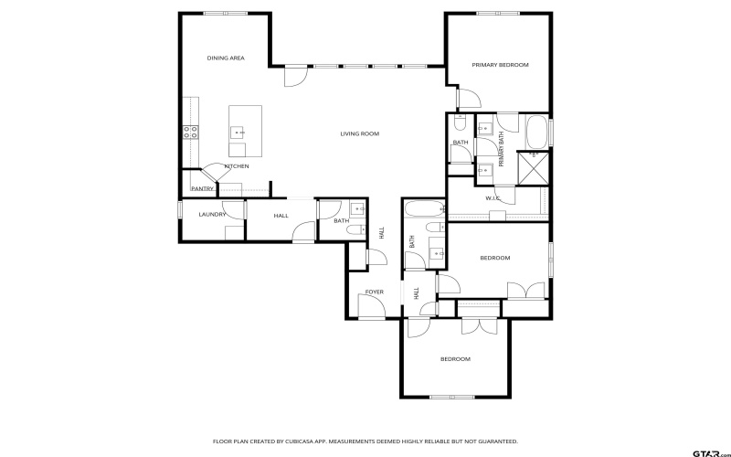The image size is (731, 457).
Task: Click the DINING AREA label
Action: click(x=225, y=58)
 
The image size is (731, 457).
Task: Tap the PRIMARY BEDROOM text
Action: click(x=500, y=65)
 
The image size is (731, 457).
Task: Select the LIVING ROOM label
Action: click(x=359, y=134)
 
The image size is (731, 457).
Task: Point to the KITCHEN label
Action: click(x=237, y=166)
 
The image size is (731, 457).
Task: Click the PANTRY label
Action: click(x=202, y=188)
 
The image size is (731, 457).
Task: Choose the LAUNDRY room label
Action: click(x=212, y=214)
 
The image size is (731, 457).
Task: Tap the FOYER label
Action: click(x=375, y=292)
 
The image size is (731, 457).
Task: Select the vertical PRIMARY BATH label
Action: click(x=501, y=149)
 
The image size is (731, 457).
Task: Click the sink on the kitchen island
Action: click(x=238, y=132)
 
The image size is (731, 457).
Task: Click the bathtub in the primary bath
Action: click(x=536, y=132)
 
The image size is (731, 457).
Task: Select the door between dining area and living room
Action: click(x=294, y=79)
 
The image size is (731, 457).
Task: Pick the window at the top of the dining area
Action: click(x=217, y=13)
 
